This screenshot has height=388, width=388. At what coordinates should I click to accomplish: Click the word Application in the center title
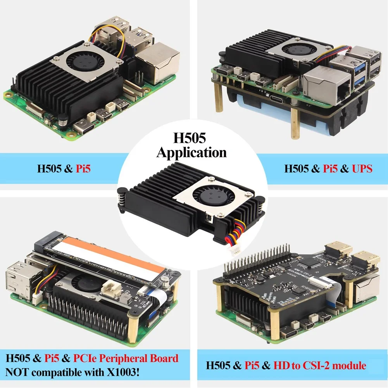(x=191, y=152)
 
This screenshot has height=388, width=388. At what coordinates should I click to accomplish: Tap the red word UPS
(x=362, y=169)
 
